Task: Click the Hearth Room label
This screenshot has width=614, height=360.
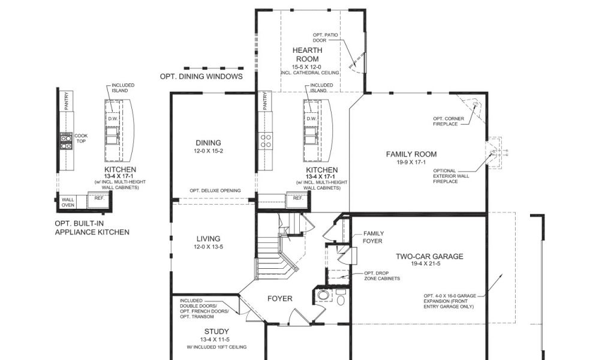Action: point(308,55)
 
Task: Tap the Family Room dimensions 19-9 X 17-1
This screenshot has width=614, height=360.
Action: point(411,162)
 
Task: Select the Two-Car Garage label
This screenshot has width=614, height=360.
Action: point(429,257)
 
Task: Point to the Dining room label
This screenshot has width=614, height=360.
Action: point(208,143)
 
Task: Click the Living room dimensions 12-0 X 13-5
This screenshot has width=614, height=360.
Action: point(208,247)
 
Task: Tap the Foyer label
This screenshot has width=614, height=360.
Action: point(279,298)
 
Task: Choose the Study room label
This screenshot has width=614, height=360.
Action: point(216,331)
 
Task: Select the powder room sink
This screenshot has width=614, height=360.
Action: point(323,295)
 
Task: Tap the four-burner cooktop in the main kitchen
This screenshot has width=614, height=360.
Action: point(266,141)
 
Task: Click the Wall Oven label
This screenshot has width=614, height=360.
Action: point(68,202)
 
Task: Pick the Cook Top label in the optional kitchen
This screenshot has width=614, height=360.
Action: point(81,138)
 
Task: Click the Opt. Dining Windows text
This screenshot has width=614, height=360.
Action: point(201,76)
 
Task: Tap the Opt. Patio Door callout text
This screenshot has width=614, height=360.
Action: point(325,38)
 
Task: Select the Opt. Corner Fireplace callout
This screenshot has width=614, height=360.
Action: point(449,121)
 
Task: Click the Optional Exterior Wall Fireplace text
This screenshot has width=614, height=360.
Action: point(451,176)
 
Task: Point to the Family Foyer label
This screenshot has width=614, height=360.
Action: point(373,237)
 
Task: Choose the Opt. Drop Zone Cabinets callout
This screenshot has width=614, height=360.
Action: point(382,276)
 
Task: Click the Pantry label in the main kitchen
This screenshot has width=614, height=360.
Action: point(265,101)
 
